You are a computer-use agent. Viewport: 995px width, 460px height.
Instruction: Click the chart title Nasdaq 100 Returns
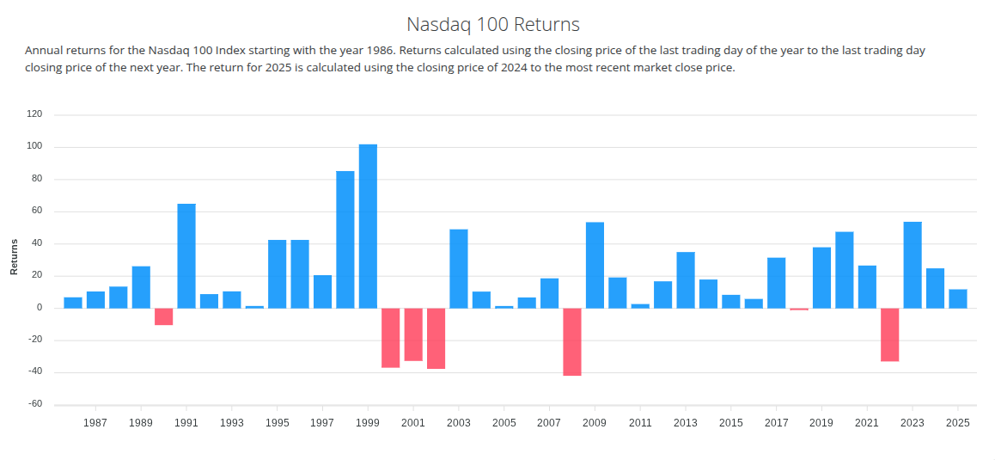click(x=493, y=24)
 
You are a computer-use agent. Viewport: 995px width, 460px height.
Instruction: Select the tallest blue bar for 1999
click(x=368, y=226)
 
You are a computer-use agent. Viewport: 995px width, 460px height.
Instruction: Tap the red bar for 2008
click(x=572, y=341)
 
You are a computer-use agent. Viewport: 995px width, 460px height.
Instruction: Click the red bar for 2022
click(x=889, y=334)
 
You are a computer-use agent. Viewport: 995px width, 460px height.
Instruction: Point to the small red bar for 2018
click(x=799, y=309)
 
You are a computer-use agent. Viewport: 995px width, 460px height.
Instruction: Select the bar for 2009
click(x=595, y=265)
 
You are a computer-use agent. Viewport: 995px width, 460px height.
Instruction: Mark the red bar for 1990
click(x=163, y=316)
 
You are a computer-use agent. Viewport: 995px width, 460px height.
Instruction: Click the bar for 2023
click(x=913, y=265)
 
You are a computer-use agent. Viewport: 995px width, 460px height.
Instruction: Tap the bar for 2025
click(x=958, y=298)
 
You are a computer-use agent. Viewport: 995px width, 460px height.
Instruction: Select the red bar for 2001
click(x=413, y=334)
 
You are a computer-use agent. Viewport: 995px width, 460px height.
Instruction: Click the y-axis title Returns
click(x=14, y=257)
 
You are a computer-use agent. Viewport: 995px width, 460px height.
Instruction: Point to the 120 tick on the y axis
click(x=35, y=114)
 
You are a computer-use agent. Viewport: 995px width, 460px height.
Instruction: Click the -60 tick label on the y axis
click(x=35, y=404)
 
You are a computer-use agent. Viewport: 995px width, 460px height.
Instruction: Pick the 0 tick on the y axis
click(x=40, y=308)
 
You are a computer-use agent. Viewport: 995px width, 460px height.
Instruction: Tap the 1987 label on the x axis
click(x=95, y=423)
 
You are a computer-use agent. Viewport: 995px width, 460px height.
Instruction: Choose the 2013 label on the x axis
click(x=686, y=423)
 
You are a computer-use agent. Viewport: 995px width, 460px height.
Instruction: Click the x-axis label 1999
click(x=368, y=423)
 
